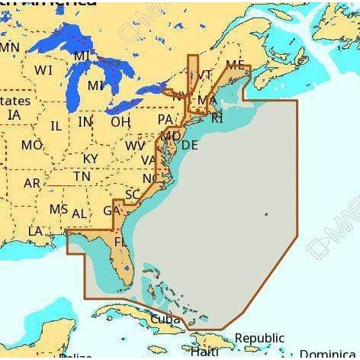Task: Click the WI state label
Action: (43, 70)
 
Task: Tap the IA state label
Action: (14, 114)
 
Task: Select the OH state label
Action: (121, 122)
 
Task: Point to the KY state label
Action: (90, 159)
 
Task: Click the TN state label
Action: (82, 176)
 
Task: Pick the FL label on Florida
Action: (120, 242)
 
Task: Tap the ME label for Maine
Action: (235, 66)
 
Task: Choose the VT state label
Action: (204, 75)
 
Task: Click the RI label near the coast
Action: (217, 117)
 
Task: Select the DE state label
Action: (190, 145)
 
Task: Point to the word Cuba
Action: (166, 319)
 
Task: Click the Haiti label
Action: (204, 352)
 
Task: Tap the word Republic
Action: (259, 338)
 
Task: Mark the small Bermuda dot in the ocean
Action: (265, 214)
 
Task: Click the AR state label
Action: (32, 184)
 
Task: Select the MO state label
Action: (32, 145)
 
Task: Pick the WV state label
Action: (135, 146)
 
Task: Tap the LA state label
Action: (35, 231)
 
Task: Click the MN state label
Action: (9, 47)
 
